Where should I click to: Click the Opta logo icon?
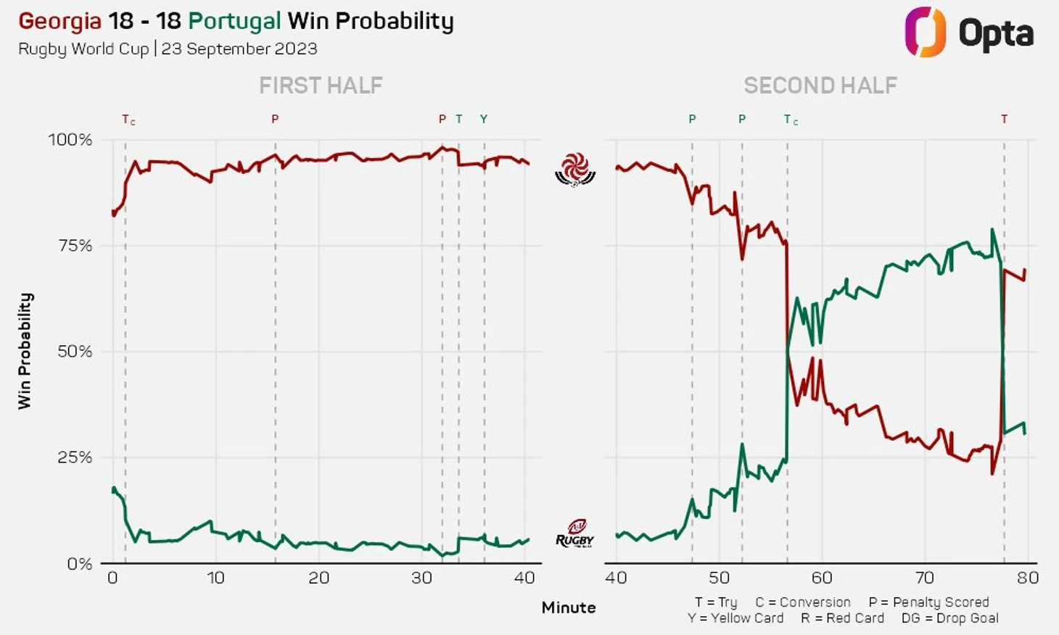coord(925,32)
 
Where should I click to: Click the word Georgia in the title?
coord(59,21)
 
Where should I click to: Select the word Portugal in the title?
coord(234,21)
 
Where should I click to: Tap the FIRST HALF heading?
coord(321,86)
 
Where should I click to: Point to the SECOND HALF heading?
coord(820,86)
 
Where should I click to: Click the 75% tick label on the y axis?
coord(75,246)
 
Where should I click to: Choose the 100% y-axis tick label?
coord(70,140)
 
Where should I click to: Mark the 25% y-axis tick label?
coord(75,457)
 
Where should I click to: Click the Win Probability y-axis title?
coord(25,351)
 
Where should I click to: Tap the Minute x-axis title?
coord(569,607)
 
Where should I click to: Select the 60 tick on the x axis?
coord(822,578)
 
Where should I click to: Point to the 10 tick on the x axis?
coord(215,578)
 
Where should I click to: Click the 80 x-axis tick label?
coord(1028,578)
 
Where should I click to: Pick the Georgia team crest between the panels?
coord(575,170)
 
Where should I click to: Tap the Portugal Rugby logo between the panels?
coord(574,534)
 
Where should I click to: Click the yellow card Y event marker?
coord(484,119)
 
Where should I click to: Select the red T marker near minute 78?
coord(1004,119)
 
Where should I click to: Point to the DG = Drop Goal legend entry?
coord(949,618)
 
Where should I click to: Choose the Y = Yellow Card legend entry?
coord(735,618)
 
